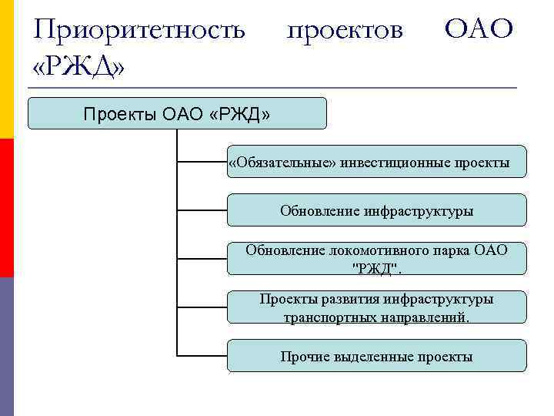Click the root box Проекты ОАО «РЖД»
click(x=177, y=114)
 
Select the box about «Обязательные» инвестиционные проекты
click(x=376, y=162)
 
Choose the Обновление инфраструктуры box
click(x=376, y=210)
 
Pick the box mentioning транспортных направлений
click(x=376, y=307)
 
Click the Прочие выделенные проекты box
click(x=376, y=356)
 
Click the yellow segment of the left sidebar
click(x=6, y=69)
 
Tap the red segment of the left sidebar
click(x=6, y=208)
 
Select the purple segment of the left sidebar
click(x=6, y=347)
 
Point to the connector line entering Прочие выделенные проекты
click(x=202, y=356)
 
